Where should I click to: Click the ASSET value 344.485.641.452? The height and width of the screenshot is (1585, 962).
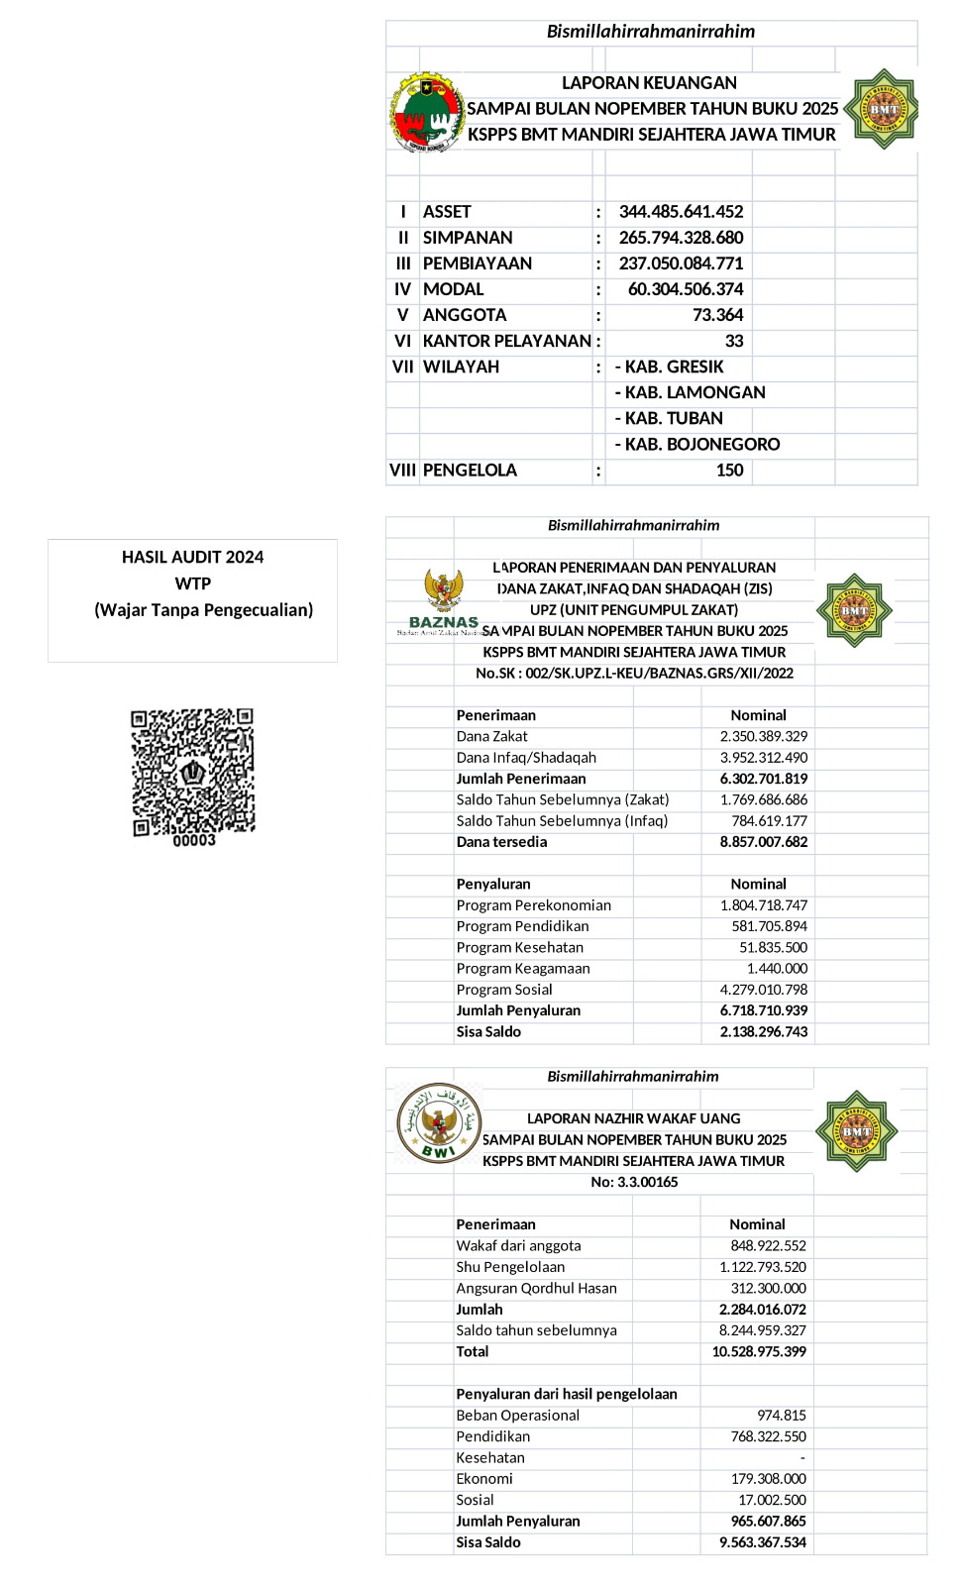(x=681, y=212)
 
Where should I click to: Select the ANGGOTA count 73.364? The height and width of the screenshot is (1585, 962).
(x=717, y=315)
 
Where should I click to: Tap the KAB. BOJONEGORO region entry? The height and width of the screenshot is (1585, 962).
(x=697, y=444)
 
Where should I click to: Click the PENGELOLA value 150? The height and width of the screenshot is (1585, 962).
(x=729, y=470)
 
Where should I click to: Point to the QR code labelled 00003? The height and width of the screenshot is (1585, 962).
(x=193, y=773)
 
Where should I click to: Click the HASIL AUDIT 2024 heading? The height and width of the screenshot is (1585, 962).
(x=192, y=557)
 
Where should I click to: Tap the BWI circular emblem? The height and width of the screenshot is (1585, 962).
(x=439, y=1123)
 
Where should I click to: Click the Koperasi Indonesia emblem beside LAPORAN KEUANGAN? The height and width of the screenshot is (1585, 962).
(x=427, y=111)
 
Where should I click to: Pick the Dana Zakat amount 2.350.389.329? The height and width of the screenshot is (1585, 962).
(x=763, y=736)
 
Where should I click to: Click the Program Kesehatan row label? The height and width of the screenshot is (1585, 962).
(x=519, y=947)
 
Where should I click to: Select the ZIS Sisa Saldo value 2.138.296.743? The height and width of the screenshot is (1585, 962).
(x=763, y=1031)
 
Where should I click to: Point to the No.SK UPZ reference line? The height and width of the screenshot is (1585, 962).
(x=634, y=673)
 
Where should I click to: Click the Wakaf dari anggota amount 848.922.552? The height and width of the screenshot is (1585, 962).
(x=768, y=1245)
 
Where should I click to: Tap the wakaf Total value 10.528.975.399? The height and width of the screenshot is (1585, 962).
(x=758, y=1351)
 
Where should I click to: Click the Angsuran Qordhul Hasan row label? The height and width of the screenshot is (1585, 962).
(x=536, y=1288)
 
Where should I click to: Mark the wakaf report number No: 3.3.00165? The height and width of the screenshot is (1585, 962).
(x=634, y=1182)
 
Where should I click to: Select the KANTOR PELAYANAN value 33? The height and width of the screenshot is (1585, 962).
(x=733, y=341)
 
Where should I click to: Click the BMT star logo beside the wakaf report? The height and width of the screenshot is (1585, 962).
(x=856, y=1130)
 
